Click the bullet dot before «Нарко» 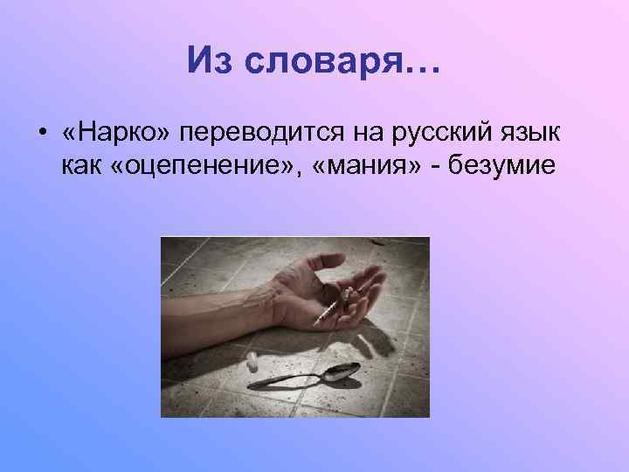[41, 133]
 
